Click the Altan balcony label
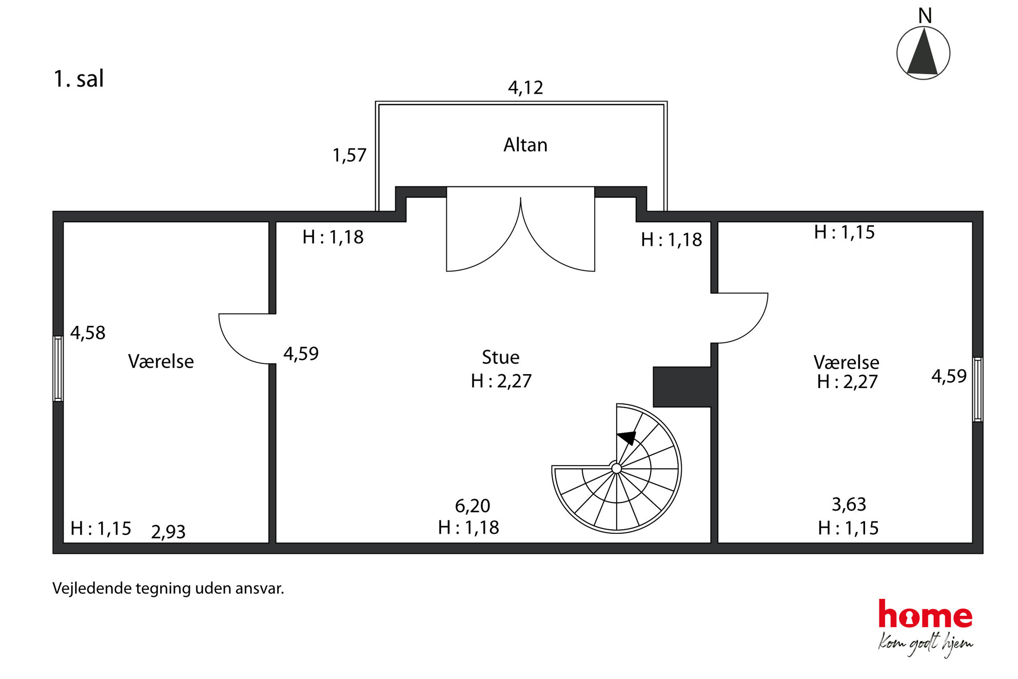tap(525, 145)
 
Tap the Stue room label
tap(500, 357)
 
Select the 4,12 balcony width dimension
tap(525, 88)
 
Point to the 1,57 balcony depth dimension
tap(349, 155)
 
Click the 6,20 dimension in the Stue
tap(473, 506)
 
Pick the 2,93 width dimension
tap(168, 532)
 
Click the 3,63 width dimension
tap(849, 505)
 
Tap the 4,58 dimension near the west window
tap(88, 333)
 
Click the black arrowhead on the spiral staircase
tap(628, 438)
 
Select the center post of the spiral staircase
tap(617, 468)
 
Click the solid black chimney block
tap(682, 387)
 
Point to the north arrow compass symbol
tap(923, 53)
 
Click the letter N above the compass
tap(925, 16)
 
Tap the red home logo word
tap(925, 614)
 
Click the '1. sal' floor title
tap(79, 79)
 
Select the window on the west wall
tap(58, 368)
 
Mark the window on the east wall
tap(978, 390)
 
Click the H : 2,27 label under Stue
tap(501, 381)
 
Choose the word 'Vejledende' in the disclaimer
tap(92, 588)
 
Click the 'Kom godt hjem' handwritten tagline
tap(925, 645)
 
